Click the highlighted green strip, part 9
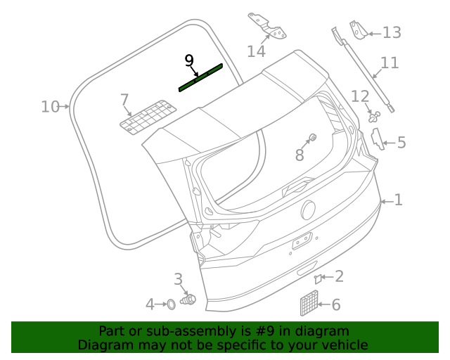point(201,77)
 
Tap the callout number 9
point(188,60)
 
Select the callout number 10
point(50,107)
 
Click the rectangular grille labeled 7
point(146,116)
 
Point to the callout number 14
point(256,51)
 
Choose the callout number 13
point(391,32)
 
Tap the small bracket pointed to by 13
point(359,30)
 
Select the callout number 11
point(390,63)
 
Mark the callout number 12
point(360,96)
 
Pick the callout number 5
point(401,143)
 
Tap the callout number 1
point(398,200)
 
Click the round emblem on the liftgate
point(308,210)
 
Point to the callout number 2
point(339,276)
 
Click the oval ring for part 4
point(169,304)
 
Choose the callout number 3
point(178,280)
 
